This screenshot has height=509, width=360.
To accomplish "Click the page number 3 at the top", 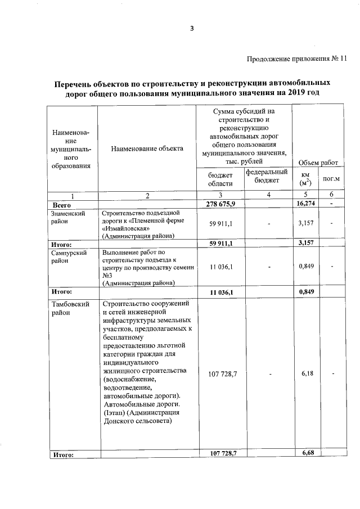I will [191, 29].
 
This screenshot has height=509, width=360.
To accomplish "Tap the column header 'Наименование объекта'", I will [147, 149].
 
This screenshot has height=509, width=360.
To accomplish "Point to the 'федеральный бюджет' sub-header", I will [267, 175].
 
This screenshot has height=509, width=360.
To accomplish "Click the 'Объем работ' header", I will [318, 163].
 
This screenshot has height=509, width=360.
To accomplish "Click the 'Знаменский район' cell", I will [68, 218].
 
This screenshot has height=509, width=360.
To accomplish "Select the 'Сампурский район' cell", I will [68, 257].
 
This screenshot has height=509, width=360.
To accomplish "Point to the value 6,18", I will [307, 373].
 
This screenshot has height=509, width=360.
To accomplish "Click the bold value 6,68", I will [307, 453].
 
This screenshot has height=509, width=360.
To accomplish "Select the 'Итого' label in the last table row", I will [63, 454].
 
